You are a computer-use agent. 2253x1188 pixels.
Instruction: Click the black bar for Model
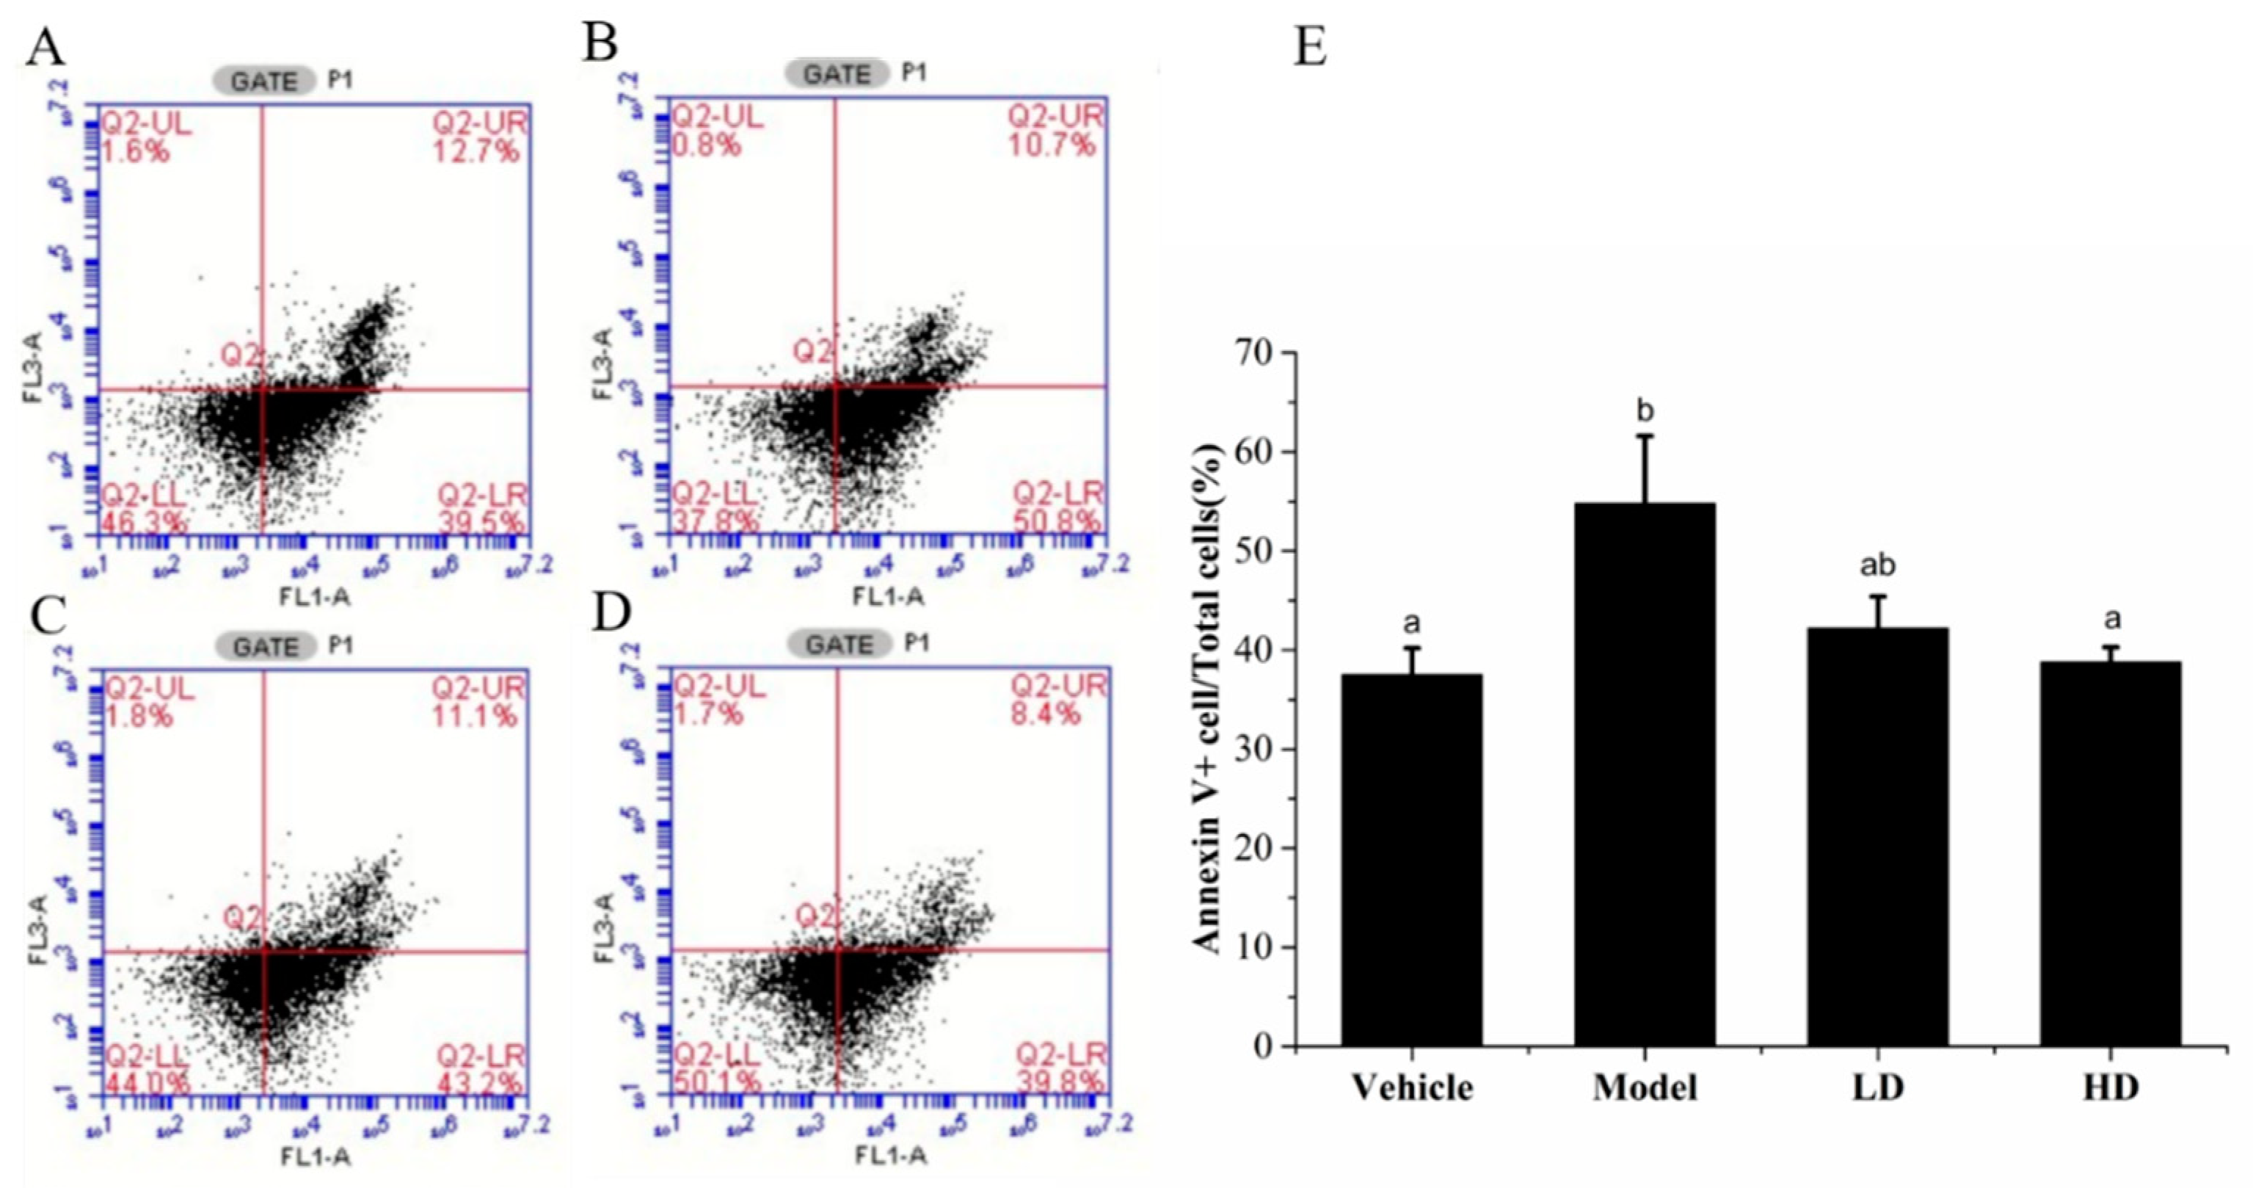1645,774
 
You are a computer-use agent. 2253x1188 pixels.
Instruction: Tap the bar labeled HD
2111,853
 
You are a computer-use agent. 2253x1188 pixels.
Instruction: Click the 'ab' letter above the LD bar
1877,565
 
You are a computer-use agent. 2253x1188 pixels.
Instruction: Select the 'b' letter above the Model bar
1645,410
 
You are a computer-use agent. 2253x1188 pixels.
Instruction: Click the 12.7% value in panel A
478,152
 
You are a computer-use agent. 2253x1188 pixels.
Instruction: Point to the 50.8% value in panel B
1057,521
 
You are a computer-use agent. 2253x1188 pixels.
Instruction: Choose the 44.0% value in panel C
146,1083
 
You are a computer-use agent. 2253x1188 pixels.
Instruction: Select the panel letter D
611,615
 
